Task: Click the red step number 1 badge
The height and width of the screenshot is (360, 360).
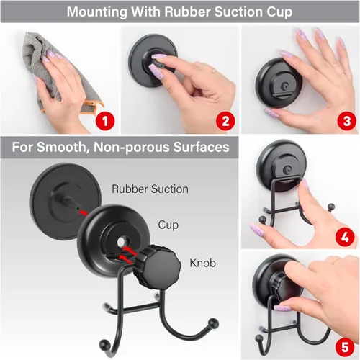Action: pyautogui.click(x=105, y=121)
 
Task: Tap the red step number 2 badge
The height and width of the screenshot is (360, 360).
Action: pyautogui.click(x=225, y=121)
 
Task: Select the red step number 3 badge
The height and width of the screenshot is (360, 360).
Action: pyautogui.click(x=346, y=121)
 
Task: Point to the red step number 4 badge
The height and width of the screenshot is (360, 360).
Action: pyautogui.click(x=345, y=237)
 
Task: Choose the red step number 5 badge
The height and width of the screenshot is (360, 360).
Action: pyautogui.click(x=345, y=347)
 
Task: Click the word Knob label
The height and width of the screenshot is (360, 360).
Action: pyautogui.click(x=202, y=263)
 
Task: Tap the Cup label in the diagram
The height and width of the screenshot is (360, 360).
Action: pyautogui.click(x=168, y=225)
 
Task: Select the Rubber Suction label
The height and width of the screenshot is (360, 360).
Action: pyautogui.click(x=150, y=189)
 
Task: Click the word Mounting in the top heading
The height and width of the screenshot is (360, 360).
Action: pyautogui.click(x=96, y=12)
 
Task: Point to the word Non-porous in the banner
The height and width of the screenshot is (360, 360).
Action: pyautogui.click(x=132, y=147)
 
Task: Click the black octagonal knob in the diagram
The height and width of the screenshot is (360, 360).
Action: pyautogui.click(x=157, y=265)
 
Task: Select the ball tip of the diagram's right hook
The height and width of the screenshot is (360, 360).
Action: pyautogui.click(x=213, y=323)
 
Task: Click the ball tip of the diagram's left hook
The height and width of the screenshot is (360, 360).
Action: pyautogui.click(x=104, y=343)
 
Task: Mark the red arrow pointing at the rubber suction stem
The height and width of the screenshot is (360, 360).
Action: pyautogui.click(x=84, y=212)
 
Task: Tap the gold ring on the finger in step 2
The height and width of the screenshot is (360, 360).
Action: pyautogui.click(x=213, y=71)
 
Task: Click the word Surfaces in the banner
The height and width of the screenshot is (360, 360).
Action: pyautogui.click(x=201, y=147)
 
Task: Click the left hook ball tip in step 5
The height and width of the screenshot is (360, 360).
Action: pyautogui.click(x=259, y=338)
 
